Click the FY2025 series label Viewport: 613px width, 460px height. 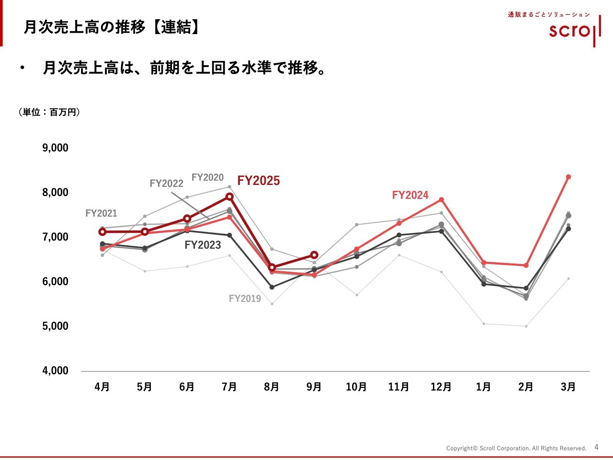[x=259, y=181]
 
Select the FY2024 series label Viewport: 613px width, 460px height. [x=410, y=195]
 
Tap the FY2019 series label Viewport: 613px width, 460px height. [x=245, y=299]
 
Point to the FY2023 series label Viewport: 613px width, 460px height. [x=203, y=245]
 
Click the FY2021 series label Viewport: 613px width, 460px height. [x=101, y=213]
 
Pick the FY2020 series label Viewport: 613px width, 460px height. [x=207, y=177]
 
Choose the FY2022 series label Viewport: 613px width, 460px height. [x=166, y=184]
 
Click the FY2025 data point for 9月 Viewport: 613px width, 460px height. [x=314, y=255]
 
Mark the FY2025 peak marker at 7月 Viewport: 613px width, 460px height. [x=229, y=196]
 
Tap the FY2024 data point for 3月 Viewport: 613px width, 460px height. [x=568, y=177]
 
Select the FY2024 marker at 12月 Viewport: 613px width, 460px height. [x=441, y=200]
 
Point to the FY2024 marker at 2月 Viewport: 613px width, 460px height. [x=526, y=265]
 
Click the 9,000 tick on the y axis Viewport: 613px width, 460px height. [x=56, y=148]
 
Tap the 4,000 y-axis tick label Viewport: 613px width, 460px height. [x=56, y=370]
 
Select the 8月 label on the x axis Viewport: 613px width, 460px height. [x=272, y=387]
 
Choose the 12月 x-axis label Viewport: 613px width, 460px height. [x=441, y=387]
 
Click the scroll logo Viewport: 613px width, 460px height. [x=575, y=30]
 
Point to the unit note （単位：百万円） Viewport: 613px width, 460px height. [x=49, y=112]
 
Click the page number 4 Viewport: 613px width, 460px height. [x=596, y=447]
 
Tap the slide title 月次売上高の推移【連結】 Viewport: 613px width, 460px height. [x=112, y=27]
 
